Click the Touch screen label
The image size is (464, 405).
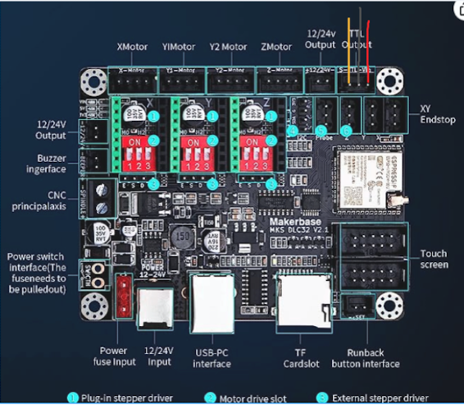[x=434, y=259]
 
